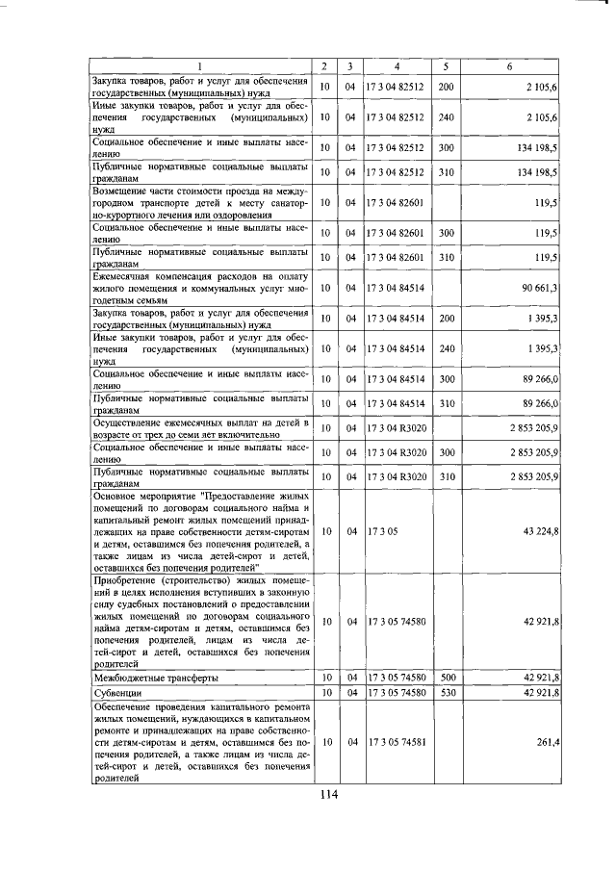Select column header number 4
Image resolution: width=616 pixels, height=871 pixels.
click(397, 65)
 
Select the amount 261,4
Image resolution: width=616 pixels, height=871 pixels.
click(548, 742)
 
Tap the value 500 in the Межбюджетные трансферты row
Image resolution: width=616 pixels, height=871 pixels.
click(446, 678)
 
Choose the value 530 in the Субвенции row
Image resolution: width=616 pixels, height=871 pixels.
click(446, 692)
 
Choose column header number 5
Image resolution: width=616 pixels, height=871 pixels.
click(446, 65)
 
